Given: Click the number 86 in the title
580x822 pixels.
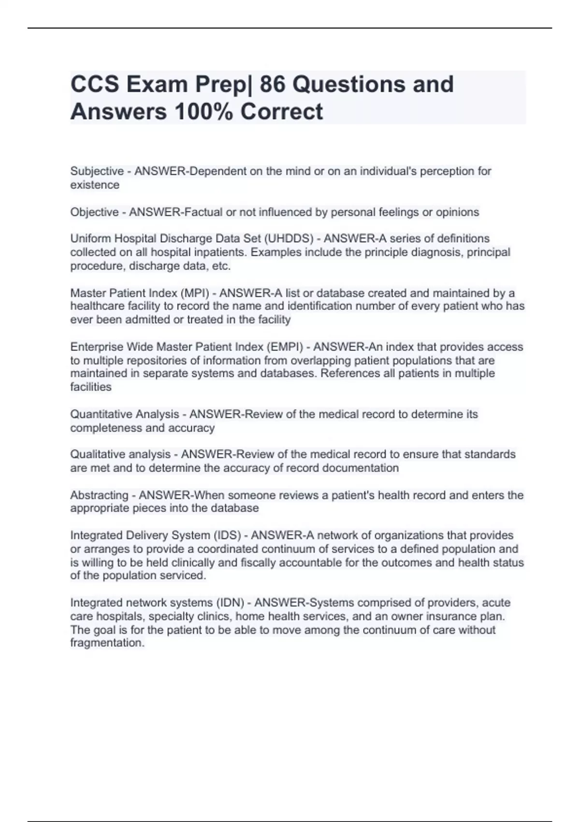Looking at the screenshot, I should tap(272, 84).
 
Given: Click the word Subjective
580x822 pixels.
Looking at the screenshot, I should tap(97, 171).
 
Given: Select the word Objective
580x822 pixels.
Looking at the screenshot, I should tap(95, 212).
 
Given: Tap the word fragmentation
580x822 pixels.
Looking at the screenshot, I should tap(107, 643).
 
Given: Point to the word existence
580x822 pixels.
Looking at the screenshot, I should tap(95, 185).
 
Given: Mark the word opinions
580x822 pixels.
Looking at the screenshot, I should tap(457, 212).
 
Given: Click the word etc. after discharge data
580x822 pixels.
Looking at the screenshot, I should tap(221, 266).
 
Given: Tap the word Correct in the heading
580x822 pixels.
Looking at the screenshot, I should tap(281, 112).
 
